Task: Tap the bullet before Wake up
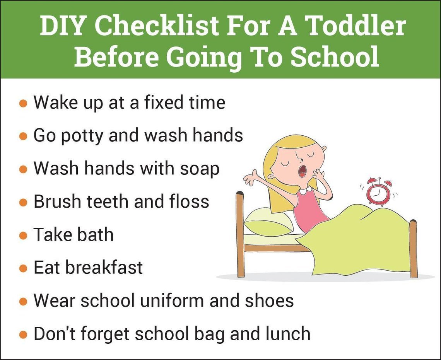(23, 104)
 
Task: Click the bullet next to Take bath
(23, 235)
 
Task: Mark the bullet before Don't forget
(23, 334)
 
